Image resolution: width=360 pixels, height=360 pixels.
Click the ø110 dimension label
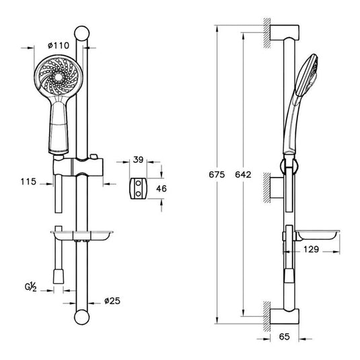(58, 45)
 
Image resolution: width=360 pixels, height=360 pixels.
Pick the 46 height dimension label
(161, 189)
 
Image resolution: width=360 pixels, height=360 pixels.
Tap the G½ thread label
(30, 287)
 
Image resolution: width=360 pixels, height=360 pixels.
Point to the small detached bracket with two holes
(138, 189)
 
